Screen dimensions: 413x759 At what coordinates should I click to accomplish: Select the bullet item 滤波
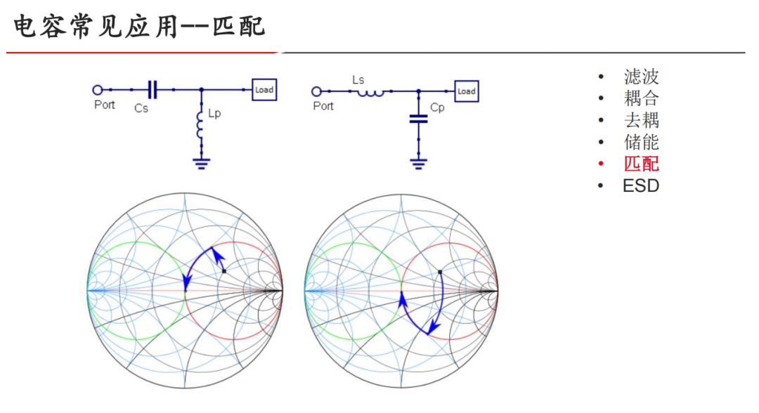click(x=641, y=77)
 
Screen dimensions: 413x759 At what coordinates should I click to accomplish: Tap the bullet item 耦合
click(x=641, y=98)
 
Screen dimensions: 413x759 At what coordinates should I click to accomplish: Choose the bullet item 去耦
click(x=641, y=120)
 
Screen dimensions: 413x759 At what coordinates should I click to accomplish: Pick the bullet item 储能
click(x=641, y=142)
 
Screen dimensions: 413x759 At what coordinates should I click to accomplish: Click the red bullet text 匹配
click(x=641, y=164)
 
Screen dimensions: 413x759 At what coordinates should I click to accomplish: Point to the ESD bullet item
click(x=640, y=185)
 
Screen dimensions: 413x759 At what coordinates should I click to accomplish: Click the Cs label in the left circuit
click(x=141, y=108)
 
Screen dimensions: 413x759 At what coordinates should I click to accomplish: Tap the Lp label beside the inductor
click(x=214, y=113)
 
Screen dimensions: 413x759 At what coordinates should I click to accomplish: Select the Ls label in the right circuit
click(x=358, y=80)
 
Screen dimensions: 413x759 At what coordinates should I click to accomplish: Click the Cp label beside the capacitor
click(x=437, y=107)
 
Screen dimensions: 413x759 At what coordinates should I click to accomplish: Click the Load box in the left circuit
click(x=264, y=90)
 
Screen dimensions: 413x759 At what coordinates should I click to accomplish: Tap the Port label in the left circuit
click(x=105, y=105)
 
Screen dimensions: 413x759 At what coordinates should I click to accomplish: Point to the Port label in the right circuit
click(x=323, y=106)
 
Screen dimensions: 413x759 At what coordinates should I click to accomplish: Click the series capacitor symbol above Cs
click(x=153, y=89)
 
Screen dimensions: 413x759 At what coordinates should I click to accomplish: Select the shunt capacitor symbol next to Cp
click(x=418, y=119)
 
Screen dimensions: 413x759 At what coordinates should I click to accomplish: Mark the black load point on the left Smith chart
click(x=223, y=270)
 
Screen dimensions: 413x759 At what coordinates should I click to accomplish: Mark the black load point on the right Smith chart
click(x=440, y=271)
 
